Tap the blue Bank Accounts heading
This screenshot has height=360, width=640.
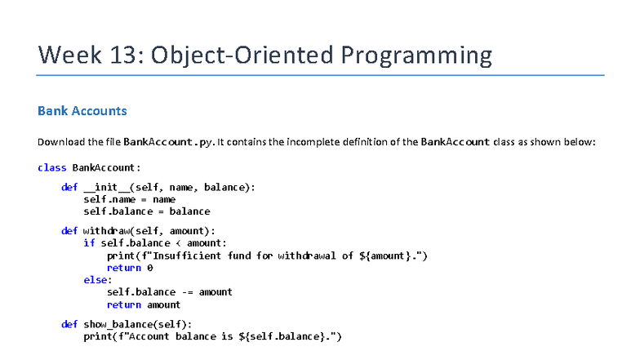pyautogui.click(x=82, y=110)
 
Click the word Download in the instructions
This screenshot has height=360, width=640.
pyautogui.click(x=60, y=141)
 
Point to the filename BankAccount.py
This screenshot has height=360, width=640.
pyautogui.click(x=169, y=141)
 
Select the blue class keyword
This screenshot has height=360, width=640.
pyautogui.click(x=51, y=167)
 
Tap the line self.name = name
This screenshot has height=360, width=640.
pyautogui.click(x=129, y=198)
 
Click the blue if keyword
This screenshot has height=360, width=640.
pyautogui.click(x=88, y=242)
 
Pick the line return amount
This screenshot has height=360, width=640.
pyautogui.click(x=144, y=304)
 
